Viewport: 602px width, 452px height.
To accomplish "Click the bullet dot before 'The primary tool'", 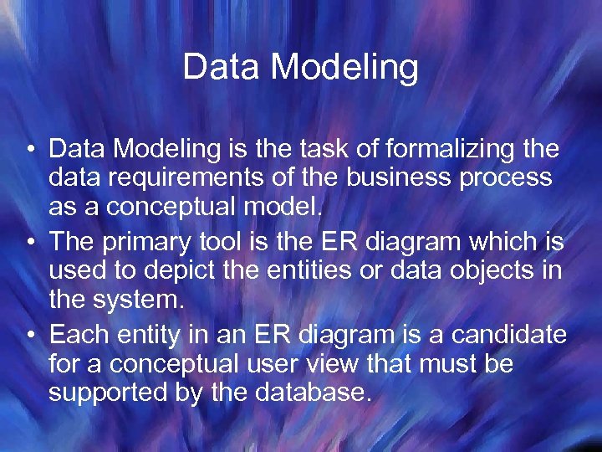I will (29, 244).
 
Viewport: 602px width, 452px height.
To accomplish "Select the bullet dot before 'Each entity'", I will (29, 336).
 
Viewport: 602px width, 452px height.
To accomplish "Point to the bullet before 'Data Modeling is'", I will (29, 151).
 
